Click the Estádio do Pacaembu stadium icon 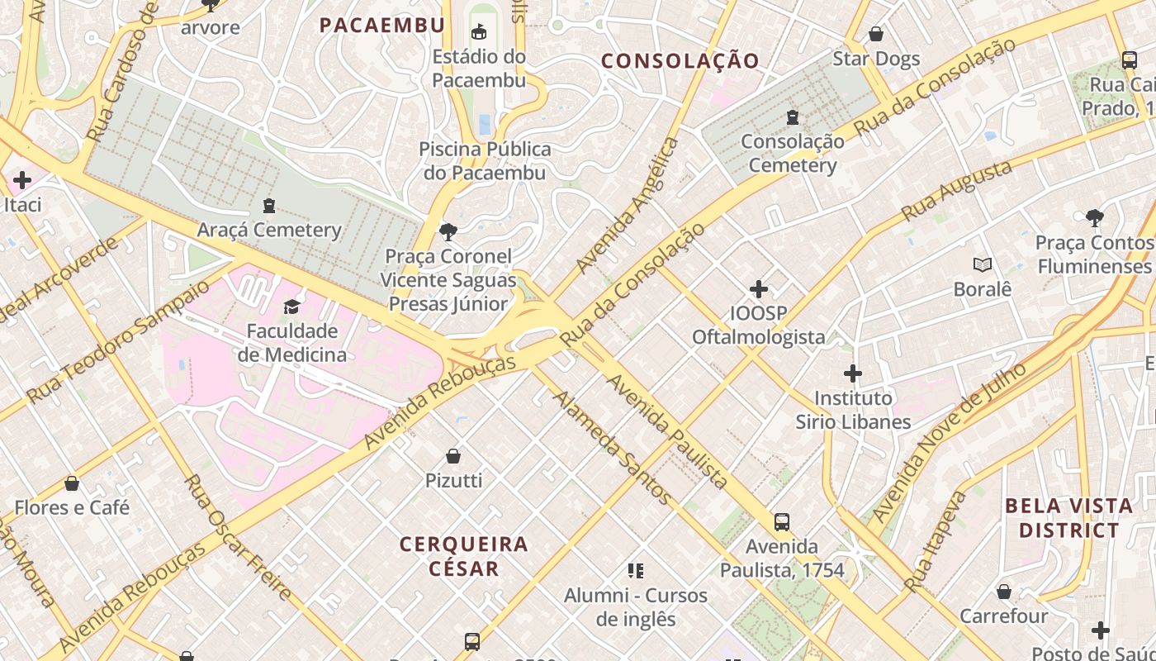(x=478, y=32)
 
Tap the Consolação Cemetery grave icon (x=793, y=117)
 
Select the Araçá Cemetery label (x=268, y=229)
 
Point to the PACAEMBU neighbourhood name (x=382, y=26)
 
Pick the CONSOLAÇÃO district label (x=680, y=60)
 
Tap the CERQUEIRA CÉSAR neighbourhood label (x=463, y=555)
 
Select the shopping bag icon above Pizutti (x=452, y=456)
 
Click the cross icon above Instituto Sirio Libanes (x=853, y=373)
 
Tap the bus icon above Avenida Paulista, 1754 (x=781, y=522)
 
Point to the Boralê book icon (x=982, y=265)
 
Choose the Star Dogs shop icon (x=875, y=34)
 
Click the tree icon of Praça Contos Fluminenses (x=1095, y=218)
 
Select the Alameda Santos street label (x=612, y=447)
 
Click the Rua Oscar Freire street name (x=237, y=537)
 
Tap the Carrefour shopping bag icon (x=1003, y=592)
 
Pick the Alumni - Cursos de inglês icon (x=635, y=570)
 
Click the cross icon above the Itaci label (x=22, y=179)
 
